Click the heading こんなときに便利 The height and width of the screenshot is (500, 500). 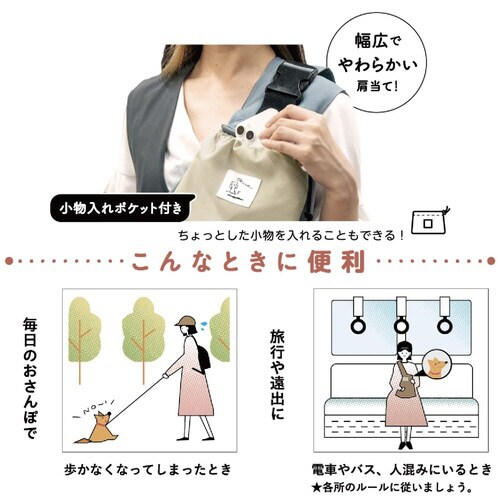tap(250, 262)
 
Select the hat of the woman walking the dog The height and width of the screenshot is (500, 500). tap(185, 322)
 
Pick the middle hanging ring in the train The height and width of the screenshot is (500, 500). tap(401, 324)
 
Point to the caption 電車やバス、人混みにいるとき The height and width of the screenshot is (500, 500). tap(400, 468)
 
